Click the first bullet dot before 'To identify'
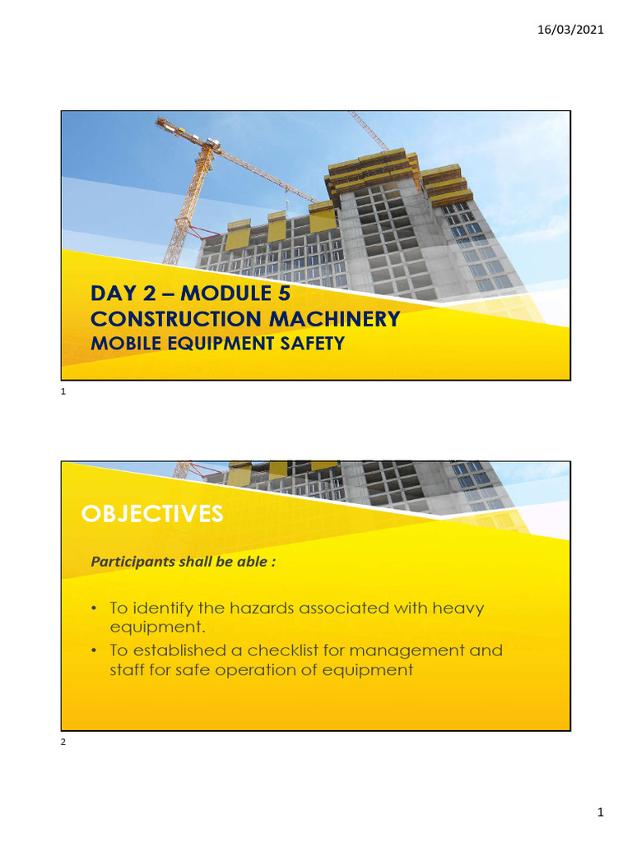pyautogui.click(x=95, y=608)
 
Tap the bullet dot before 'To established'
pyautogui.click(x=95, y=650)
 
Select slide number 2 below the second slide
pyautogui.click(x=63, y=743)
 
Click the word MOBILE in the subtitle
pyautogui.click(x=118, y=344)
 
